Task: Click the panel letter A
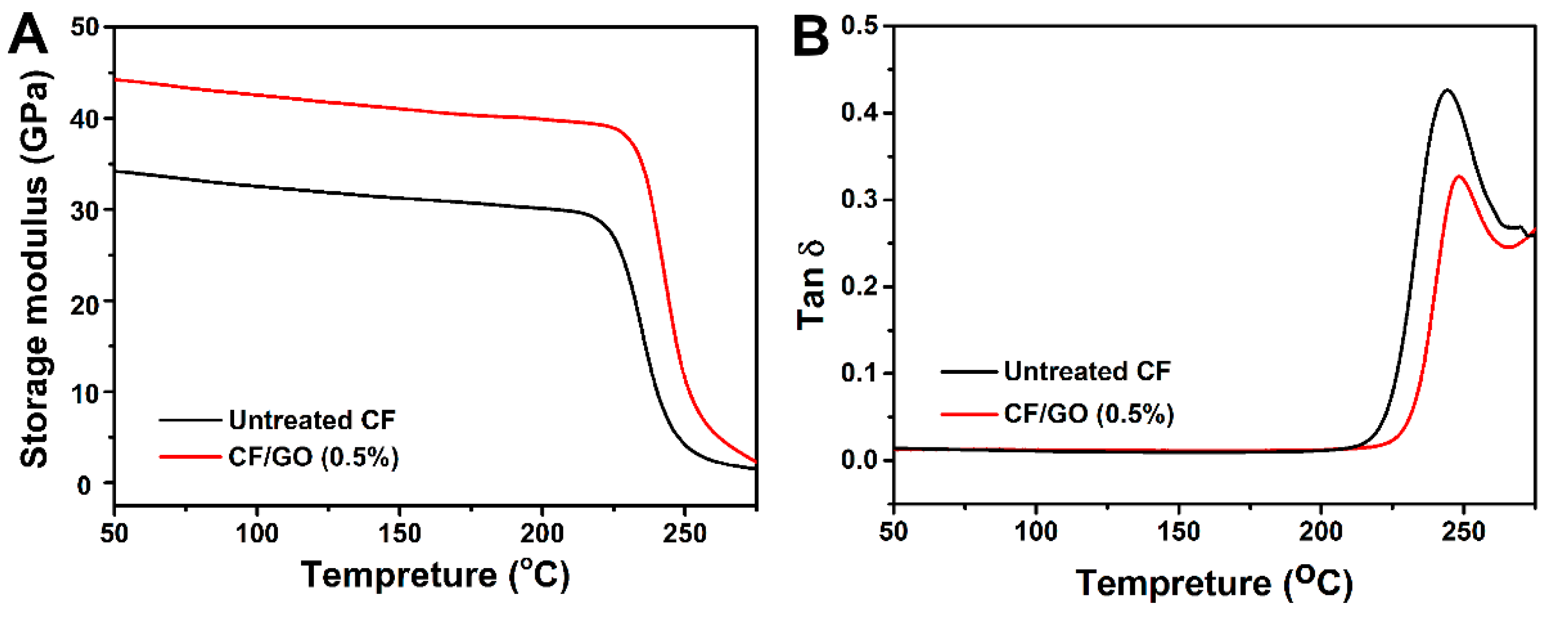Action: click(x=28, y=35)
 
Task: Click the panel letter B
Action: click(x=810, y=35)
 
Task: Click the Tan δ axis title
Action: click(x=811, y=286)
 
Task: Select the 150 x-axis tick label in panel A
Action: click(x=400, y=534)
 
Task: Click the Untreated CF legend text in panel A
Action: click(x=312, y=420)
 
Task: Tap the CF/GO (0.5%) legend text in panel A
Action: click(x=313, y=457)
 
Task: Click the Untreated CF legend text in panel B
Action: click(x=1087, y=371)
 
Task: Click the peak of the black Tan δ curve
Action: click(x=1448, y=90)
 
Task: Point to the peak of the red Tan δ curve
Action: click(x=1459, y=176)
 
